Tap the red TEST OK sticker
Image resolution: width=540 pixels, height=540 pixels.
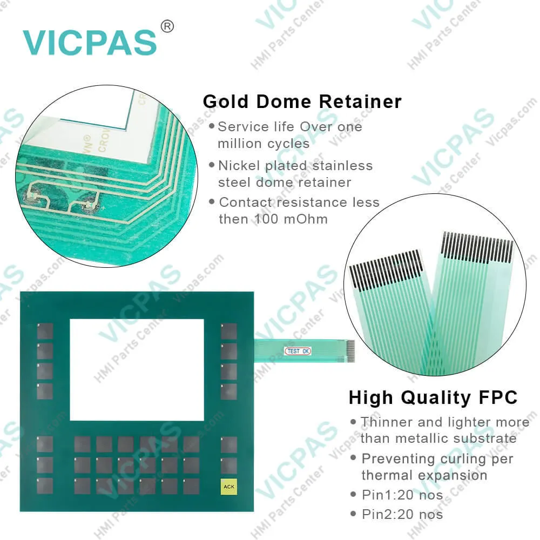[298, 352]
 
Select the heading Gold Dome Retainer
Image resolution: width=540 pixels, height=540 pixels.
[302, 102]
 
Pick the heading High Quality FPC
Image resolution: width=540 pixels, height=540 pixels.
[433, 398]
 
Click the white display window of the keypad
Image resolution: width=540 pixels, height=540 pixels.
[137, 369]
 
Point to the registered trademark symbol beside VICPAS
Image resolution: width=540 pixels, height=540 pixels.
[167, 26]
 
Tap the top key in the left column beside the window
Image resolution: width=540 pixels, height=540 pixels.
[45, 331]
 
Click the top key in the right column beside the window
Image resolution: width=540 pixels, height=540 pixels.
[229, 331]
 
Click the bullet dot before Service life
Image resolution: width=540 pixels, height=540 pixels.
[211, 126]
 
